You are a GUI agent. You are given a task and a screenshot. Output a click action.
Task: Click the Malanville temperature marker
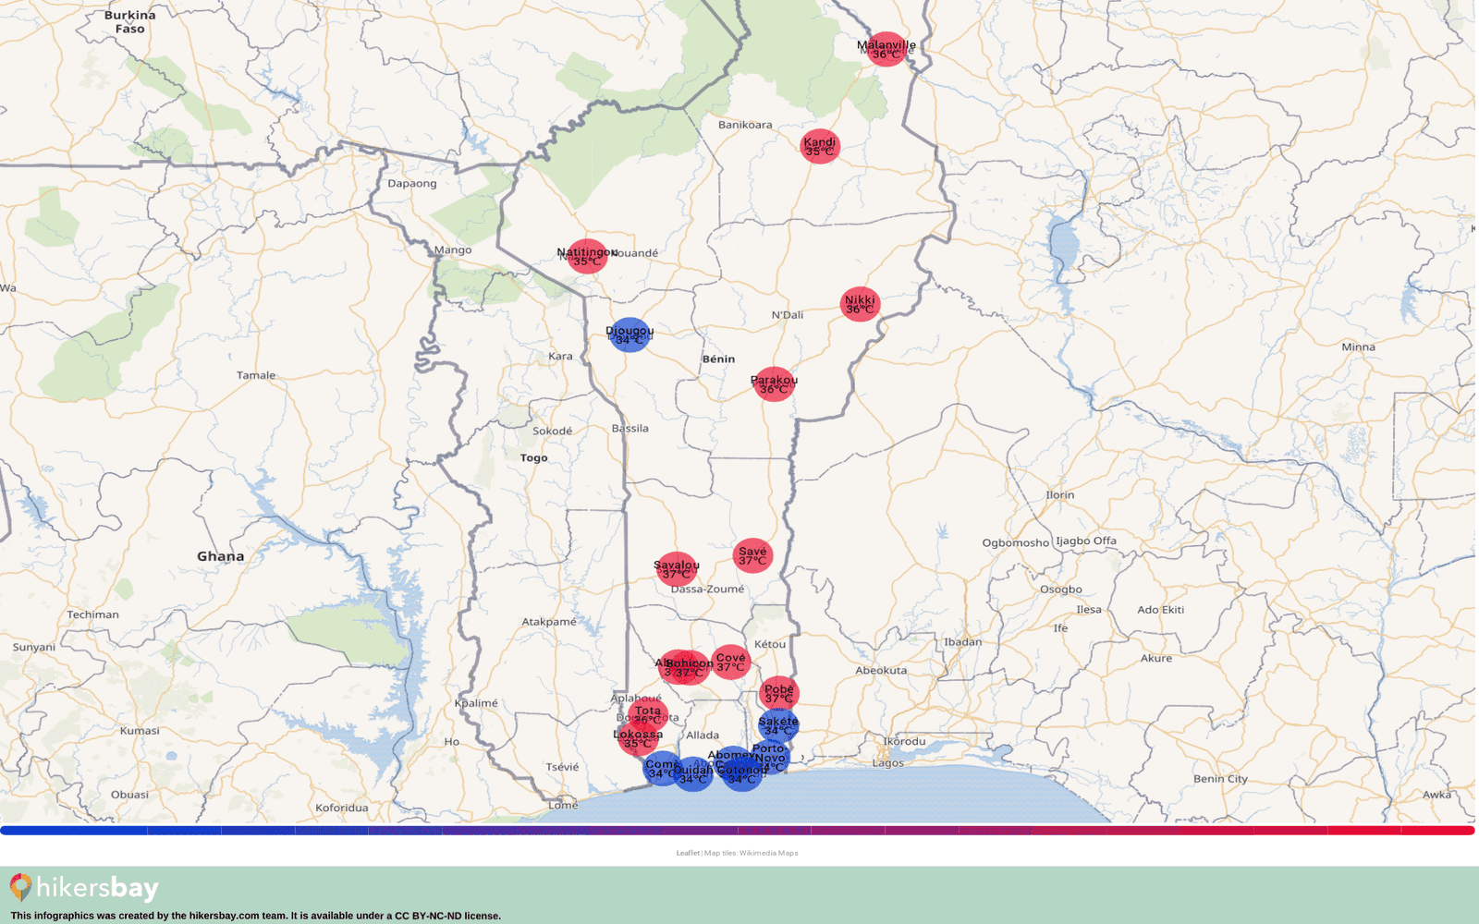[886, 49]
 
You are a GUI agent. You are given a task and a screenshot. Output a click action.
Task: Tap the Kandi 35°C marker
[820, 146]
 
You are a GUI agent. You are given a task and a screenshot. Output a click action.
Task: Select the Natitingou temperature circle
[587, 256]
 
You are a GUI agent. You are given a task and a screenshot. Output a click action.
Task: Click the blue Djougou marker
[629, 334]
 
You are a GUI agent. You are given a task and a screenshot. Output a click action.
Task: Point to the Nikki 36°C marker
[860, 304]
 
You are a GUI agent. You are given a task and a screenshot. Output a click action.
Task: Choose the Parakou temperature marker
[774, 383]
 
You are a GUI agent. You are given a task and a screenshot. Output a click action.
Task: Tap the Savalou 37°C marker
[677, 569]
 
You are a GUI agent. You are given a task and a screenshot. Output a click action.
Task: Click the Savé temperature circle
[752, 555]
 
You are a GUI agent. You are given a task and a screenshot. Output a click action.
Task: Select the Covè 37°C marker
[730, 662]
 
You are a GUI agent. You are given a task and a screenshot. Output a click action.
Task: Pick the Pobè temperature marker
[779, 693]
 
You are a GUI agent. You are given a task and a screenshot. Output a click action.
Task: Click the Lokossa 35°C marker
[637, 739]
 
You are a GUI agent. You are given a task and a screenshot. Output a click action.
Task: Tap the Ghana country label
[221, 556]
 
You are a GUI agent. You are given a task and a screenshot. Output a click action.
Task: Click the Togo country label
[533, 458]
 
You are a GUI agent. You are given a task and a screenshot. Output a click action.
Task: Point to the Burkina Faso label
[130, 22]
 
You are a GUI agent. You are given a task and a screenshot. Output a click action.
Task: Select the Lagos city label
[888, 763]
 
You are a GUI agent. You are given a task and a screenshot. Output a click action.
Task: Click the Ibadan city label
[963, 642]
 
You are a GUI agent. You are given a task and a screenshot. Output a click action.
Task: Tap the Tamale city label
[256, 375]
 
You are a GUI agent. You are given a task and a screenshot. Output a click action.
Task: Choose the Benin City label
[1220, 779]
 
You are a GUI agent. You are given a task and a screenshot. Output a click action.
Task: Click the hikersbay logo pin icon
[20, 887]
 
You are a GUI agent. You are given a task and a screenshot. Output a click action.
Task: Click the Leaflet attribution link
[687, 853]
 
